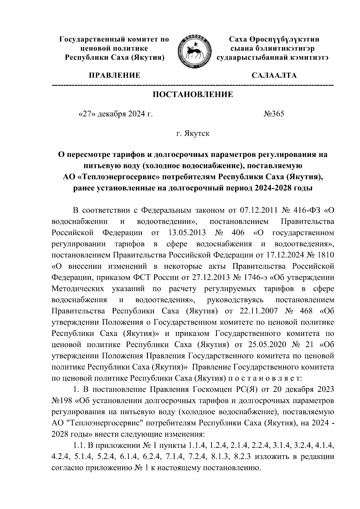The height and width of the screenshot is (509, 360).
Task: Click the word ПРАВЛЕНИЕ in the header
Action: (114, 75)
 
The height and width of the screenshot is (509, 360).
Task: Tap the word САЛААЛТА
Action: (274, 75)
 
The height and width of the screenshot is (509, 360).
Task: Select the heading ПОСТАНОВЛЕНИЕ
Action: (193, 95)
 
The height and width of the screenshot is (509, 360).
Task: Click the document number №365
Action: (274, 114)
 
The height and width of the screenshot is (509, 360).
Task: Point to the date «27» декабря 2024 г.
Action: (115, 114)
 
